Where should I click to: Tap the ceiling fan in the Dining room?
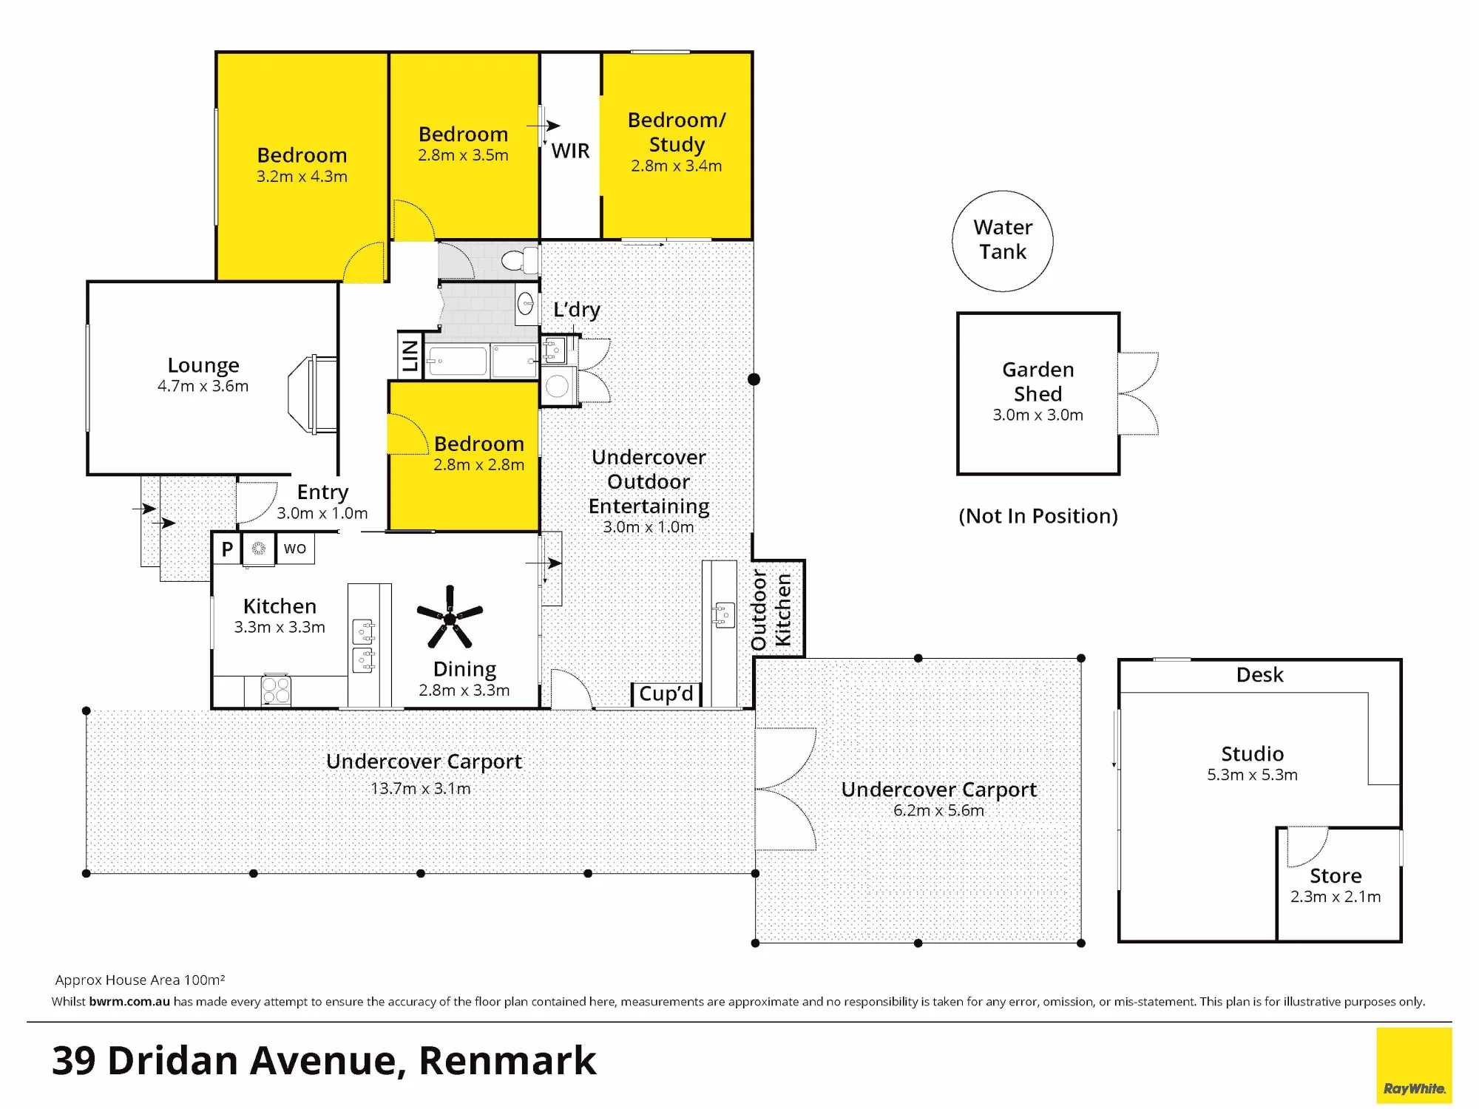pyautogui.click(x=450, y=617)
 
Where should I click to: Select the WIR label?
pyautogui.click(x=570, y=151)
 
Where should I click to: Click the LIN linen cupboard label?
pyautogui.click(x=410, y=356)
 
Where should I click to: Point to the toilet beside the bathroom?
pyautogui.click(x=520, y=260)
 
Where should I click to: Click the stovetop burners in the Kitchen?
pyautogui.click(x=276, y=691)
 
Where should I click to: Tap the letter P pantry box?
pyautogui.click(x=227, y=549)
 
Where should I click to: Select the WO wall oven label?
pyautogui.click(x=295, y=549)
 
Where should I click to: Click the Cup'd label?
pyautogui.click(x=666, y=693)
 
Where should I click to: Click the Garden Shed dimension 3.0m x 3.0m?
pyautogui.click(x=1038, y=415)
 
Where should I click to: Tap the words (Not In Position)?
pyautogui.click(x=1038, y=516)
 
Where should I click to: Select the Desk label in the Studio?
pyautogui.click(x=1260, y=675)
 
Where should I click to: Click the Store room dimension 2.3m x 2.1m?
pyautogui.click(x=1336, y=897)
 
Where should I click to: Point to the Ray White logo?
pyautogui.click(x=1414, y=1065)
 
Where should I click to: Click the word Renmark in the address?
pyautogui.click(x=507, y=1061)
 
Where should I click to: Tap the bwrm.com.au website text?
pyautogui.click(x=129, y=1002)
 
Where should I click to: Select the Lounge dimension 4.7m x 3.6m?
pyautogui.click(x=203, y=386)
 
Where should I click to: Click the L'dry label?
pyautogui.click(x=577, y=310)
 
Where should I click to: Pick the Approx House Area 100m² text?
pyautogui.click(x=140, y=980)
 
